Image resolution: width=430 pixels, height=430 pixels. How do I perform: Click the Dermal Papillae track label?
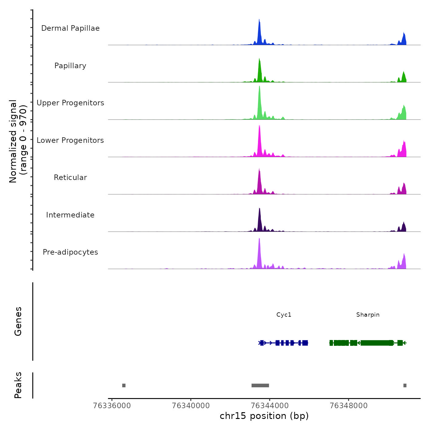(x=70, y=28)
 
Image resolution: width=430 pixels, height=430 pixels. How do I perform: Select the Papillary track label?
(x=70, y=66)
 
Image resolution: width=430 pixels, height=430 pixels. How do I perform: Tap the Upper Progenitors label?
(x=70, y=103)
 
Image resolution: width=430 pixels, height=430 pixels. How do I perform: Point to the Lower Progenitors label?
(x=70, y=140)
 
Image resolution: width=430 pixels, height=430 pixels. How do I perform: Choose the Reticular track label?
(x=70, y=178)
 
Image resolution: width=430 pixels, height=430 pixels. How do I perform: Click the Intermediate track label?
(x=70, y=215)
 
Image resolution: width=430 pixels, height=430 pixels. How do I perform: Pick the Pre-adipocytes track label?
(x=70, y=252)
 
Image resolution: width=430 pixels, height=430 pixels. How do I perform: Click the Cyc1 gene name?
(x=284, y=315)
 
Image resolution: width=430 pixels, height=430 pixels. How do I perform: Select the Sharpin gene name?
(x=368, y=315)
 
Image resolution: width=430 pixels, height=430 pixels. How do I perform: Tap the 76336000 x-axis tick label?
(x=112, y=406)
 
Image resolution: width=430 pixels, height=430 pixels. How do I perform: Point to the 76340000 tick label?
(x=191, y=406)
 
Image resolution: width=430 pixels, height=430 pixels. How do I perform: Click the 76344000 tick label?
(x=270, y=406)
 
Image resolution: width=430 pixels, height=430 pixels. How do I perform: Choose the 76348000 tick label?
(x=349, y=406)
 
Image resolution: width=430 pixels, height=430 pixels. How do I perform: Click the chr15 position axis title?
(x=264, y=416)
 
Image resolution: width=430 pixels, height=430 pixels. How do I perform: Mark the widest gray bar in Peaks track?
(x=260, y=385)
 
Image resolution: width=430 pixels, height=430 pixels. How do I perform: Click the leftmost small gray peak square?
(x=124, y=385)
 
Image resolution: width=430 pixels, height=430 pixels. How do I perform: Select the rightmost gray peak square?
(x=405, y=385)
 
